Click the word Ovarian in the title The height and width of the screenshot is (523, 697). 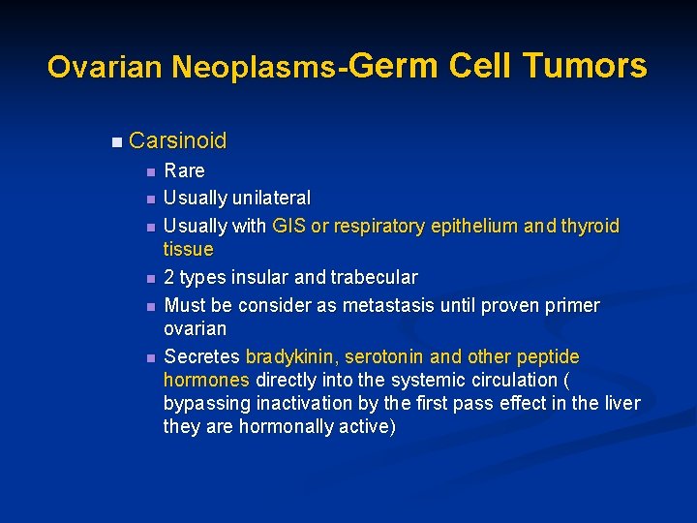pos(106,67)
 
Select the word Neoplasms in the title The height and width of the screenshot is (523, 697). pos(254,67)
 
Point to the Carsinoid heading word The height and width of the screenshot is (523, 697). pos(177,140)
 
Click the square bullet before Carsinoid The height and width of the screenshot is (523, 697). pos(116,142)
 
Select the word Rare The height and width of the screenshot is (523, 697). pos(184,171)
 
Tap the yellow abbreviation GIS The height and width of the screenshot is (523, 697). pos(289,226)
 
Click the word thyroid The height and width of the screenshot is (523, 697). pos(588,226)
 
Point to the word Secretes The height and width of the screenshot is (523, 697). pos(202,356)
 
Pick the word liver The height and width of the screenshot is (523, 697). pos(619,403)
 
